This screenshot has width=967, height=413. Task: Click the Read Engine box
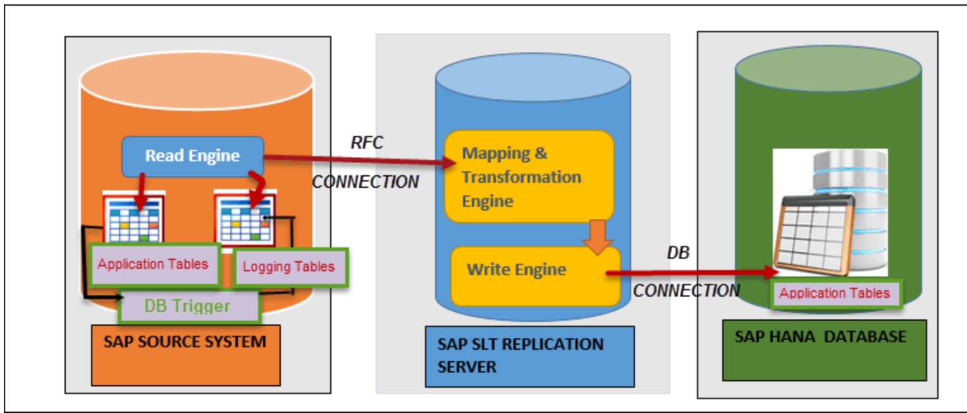[192, 156]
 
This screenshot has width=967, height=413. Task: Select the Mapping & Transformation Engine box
[529, 176]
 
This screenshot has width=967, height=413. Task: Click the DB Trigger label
[188, 307]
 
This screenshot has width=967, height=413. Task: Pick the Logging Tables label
[290, 267]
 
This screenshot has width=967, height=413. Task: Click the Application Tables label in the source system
[154, 264]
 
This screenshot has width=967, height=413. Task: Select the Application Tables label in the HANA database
[835, 293]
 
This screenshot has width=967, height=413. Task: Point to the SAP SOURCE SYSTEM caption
[185, 343]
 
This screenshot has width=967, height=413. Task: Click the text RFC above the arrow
[367, 143]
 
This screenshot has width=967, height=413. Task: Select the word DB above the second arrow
[679, 253]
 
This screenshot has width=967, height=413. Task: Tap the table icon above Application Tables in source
[134, 219]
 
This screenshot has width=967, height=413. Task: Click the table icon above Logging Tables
[245, 219]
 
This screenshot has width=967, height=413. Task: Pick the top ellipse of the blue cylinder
[533, 81]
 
